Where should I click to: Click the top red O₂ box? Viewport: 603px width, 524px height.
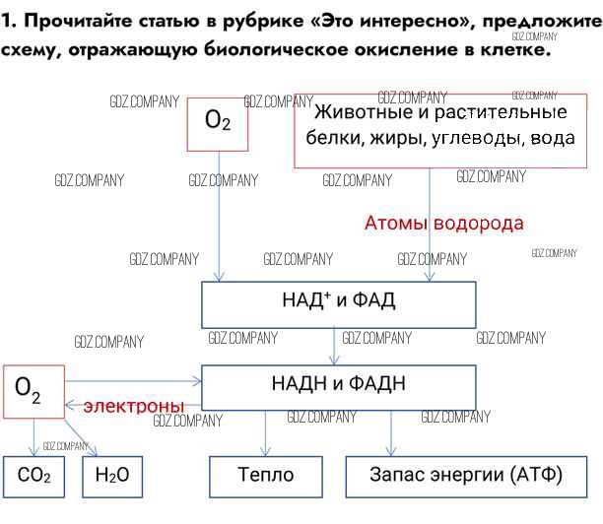tap(218, 123)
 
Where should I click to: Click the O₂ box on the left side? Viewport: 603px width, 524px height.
tap(33, 392)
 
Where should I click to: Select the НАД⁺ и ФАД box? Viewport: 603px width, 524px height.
tap(332, 303)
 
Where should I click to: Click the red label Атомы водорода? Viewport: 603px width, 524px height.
tap(444, 224)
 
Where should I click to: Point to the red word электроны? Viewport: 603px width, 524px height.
tap(134, 406)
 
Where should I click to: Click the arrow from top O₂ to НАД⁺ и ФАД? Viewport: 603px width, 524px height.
tap(218, 217)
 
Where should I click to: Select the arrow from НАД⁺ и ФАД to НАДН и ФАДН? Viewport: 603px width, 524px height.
tap(333, 346)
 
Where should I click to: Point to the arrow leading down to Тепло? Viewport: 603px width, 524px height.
tap(266, 432)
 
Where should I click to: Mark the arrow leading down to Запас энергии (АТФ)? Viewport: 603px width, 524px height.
tap(391, 432)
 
